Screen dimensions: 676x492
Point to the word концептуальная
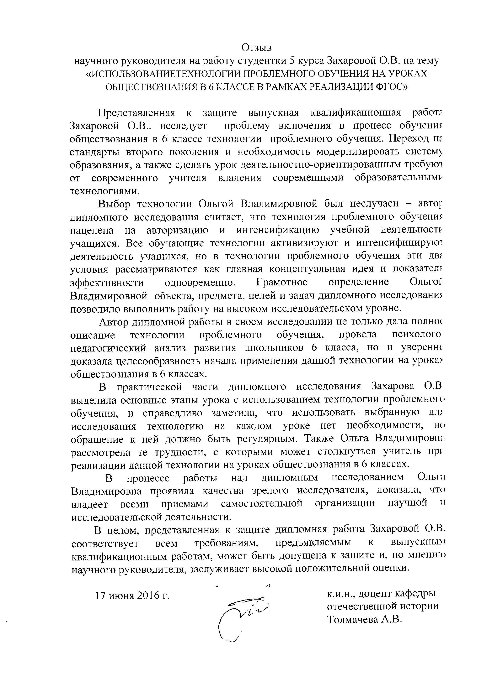(x=307, y=269)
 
